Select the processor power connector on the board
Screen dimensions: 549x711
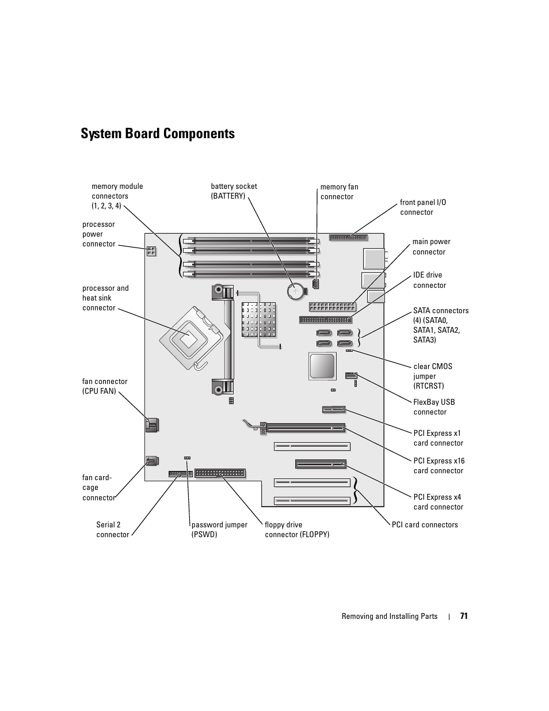point(151,251)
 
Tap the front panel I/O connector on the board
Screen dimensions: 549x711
point(348,238)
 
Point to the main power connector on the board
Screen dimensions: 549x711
point(332,307)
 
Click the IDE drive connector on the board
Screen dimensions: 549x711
point(326,320)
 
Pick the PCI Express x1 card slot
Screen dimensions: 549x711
point(334,409)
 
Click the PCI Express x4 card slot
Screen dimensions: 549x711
point(321,464)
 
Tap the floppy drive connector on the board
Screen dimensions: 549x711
point(220,473)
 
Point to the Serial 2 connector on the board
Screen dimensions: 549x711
point(181,474)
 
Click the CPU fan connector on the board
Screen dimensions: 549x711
point(151,425)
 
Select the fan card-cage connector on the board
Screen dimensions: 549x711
point(152,461)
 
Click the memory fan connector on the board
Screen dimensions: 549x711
point(315,284)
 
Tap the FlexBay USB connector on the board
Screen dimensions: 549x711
point(351,375)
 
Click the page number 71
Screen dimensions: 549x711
point(464,616)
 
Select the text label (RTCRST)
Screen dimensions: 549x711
point(429,386)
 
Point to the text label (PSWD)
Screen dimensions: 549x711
point(204,534)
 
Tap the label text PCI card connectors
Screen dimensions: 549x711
point(425,524)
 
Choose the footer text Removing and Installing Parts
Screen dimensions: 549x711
point(390,617)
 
